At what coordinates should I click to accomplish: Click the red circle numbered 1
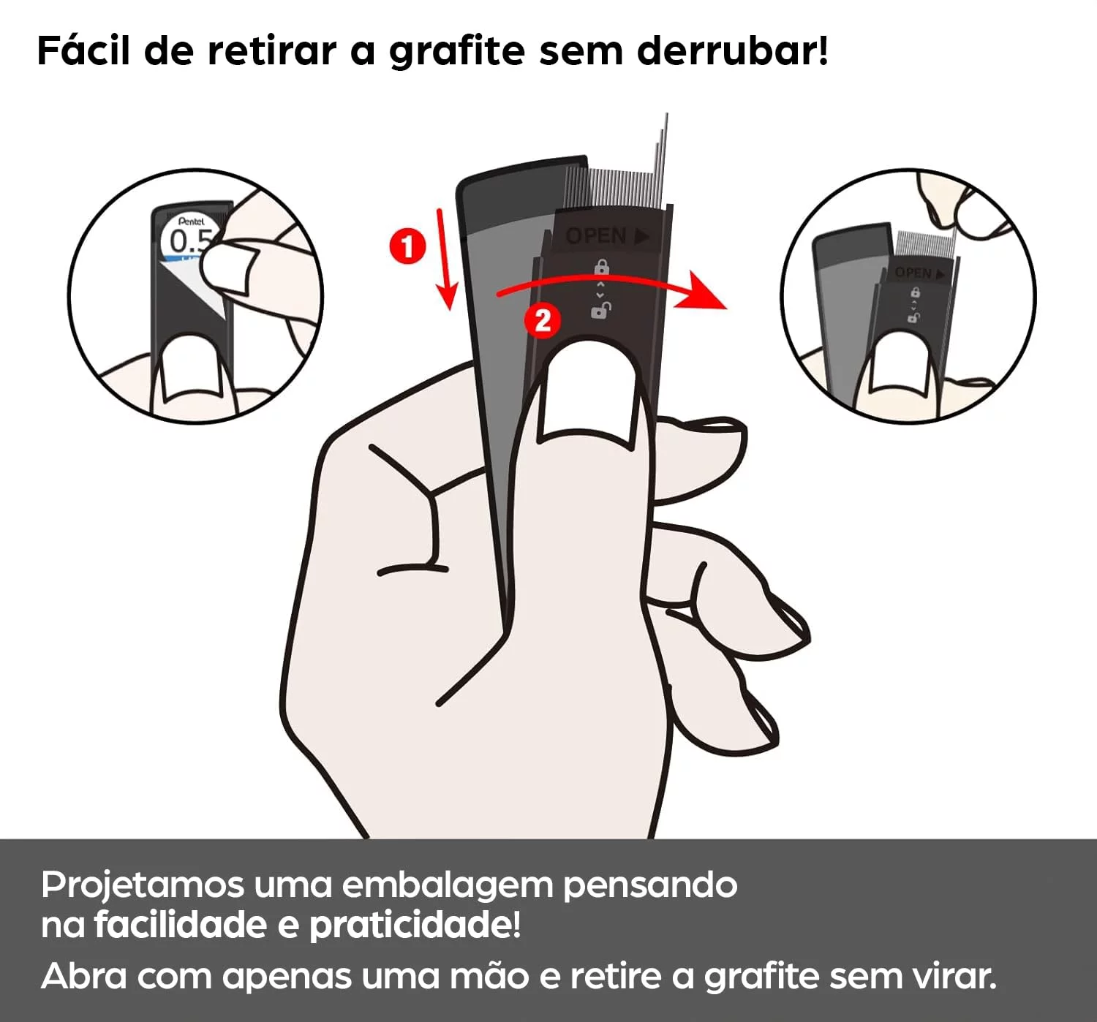[407, 246]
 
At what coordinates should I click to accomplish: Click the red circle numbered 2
[543, 320]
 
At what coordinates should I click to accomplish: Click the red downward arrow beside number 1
[446, 260]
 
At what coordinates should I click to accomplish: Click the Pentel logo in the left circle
[191, 222]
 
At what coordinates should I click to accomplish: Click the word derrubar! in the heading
[733, 51]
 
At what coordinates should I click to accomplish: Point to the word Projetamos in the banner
[142, 885]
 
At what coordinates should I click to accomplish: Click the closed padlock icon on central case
[602, 268]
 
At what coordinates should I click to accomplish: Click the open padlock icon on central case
[601, 311]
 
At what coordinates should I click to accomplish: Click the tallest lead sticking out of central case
[666, 159]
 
